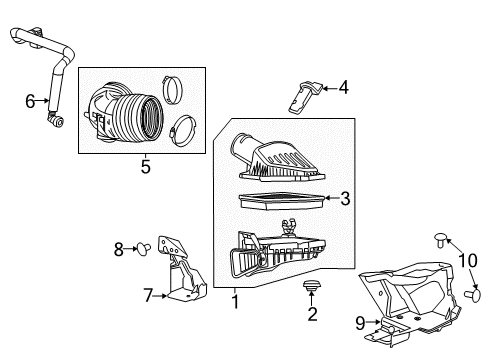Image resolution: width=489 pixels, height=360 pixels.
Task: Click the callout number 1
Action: pos(235,299)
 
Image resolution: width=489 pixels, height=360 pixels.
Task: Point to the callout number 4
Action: pos(343,88)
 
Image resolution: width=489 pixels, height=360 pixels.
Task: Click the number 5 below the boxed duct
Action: pos(145,167)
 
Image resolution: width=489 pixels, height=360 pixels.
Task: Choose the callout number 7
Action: pos(146,295)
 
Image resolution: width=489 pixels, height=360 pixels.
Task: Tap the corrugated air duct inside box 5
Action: pos(131,112)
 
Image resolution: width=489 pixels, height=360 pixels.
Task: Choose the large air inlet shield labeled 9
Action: pos(410,300)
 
